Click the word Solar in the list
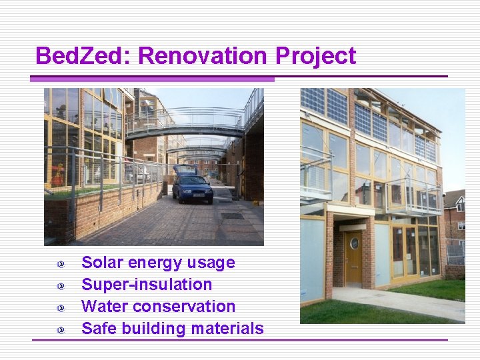(102, 263)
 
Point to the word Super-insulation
(147, 285)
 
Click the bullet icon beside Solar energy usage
(61, 264)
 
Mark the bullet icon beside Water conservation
(61, 308)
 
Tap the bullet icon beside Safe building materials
(61, 330)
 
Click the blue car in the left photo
(192, 186)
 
